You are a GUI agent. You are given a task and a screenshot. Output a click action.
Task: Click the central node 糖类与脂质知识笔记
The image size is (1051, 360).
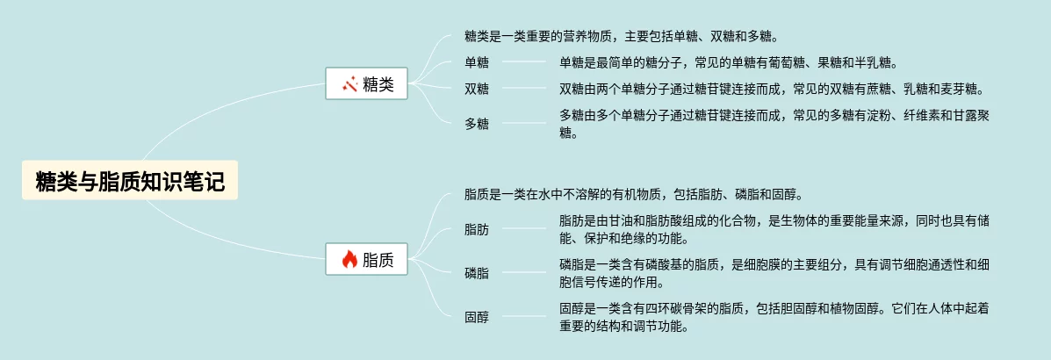[130, 182]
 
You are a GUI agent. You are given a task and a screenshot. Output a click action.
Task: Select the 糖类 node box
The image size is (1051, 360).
[366, 84]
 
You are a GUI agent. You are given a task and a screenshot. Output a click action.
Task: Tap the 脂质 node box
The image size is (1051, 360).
[366, 259]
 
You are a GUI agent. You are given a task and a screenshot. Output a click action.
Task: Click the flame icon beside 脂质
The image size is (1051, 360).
[349, 259]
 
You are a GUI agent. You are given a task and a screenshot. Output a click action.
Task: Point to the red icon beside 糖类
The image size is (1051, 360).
[349, 84]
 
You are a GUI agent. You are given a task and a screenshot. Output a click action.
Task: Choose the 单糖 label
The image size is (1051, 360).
[477, 62]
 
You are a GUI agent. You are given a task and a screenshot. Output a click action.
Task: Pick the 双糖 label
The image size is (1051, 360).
[477, 89]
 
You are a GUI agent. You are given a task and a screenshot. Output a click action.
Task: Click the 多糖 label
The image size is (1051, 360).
[477, 124]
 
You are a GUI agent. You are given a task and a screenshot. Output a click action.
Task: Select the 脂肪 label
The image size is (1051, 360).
[477, 229]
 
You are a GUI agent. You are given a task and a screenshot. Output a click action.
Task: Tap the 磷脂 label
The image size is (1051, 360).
[477, 273]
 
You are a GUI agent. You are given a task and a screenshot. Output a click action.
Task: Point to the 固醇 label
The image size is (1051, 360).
[477, 317]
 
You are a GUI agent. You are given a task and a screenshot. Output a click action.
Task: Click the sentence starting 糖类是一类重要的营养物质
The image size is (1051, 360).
[622, 36]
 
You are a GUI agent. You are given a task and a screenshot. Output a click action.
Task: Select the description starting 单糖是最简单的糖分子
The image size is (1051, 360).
[728, 62]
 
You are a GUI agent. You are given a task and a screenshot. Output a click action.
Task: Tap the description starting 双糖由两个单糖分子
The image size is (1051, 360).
[771, 89]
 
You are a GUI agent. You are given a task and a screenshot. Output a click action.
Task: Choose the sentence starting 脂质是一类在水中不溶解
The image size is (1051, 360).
[634, 194]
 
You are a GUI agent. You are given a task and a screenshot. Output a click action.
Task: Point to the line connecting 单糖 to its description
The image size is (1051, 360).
[524, 62]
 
